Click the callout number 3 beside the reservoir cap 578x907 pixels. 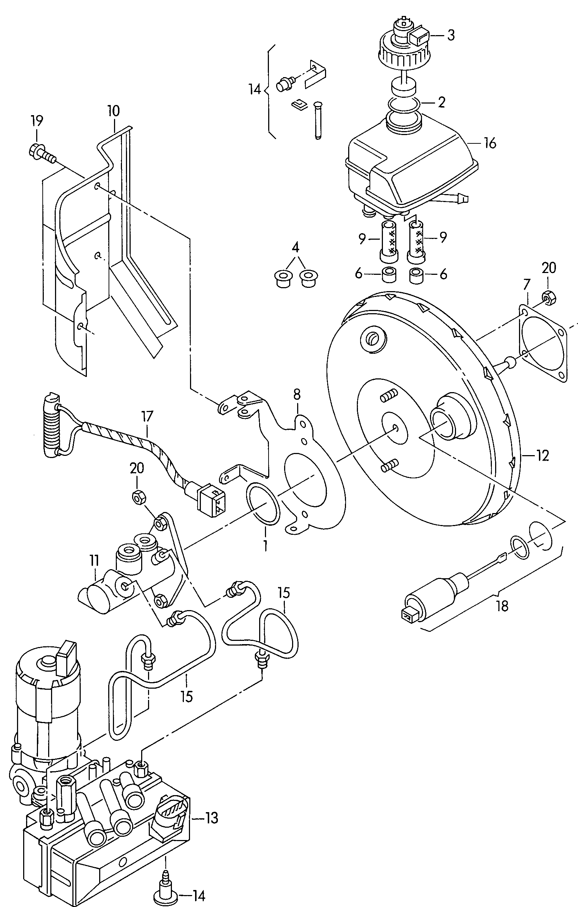[451, 35]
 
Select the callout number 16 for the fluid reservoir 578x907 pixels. [490, 143]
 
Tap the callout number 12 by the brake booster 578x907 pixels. [542, 456]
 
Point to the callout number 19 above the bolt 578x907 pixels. [37, 121]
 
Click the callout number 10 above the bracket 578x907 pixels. [113, 111]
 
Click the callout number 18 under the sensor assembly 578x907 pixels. [502, 606]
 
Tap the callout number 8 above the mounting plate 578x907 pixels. [297, 394]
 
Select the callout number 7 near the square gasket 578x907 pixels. [526, 284]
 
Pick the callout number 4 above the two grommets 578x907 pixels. [296, 248]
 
